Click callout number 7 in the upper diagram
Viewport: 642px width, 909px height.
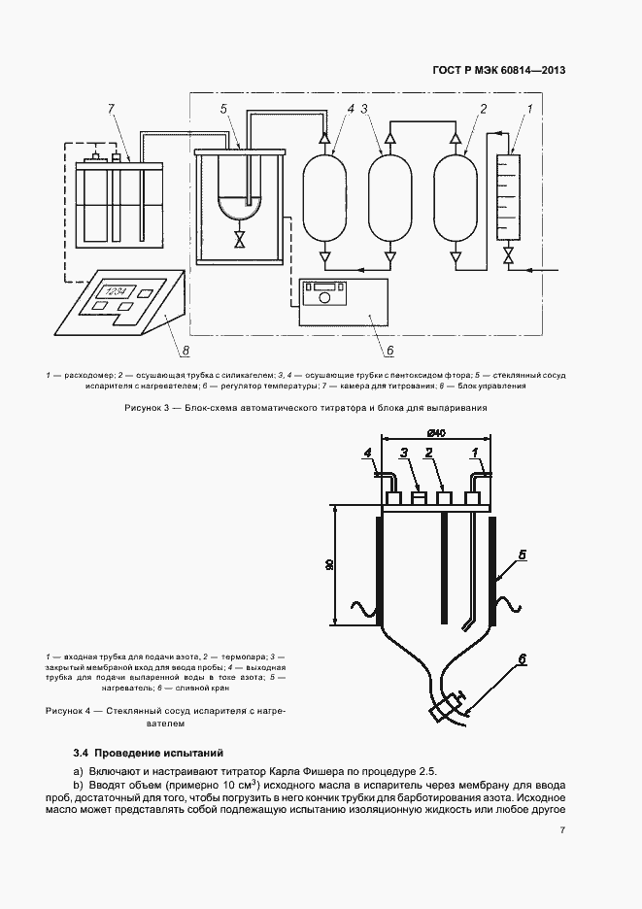tap(113, 108)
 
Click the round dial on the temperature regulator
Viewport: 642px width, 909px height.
tap(323, 301)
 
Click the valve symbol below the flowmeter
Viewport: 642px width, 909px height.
tap(507, 258)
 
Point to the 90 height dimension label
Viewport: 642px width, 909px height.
tap(330, 565)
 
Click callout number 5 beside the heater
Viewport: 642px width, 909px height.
tap(523, 555)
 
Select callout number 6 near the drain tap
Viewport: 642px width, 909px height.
tap(522, 659)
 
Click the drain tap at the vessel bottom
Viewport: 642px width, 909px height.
tap(447, 705)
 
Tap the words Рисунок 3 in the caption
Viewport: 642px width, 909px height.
tap(150, 408)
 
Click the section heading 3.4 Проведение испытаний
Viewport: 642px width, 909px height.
tap(149, 752)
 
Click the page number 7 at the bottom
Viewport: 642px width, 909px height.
tap(562, 829)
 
